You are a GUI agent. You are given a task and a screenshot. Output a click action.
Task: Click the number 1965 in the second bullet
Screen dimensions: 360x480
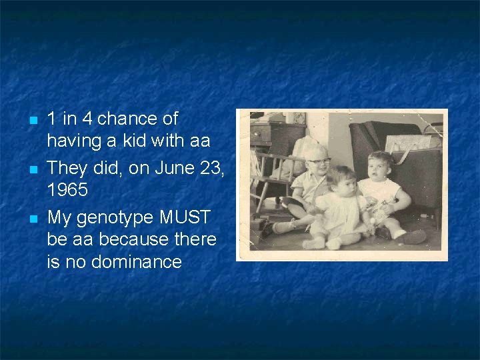[x=67, y=190]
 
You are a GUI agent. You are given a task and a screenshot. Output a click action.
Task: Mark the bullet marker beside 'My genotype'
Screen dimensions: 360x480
[x=31, y=218]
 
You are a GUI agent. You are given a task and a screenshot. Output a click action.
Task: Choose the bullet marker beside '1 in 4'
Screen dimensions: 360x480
[x=31, y=121]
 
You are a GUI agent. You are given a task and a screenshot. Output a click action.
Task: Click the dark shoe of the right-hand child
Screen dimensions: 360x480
[x=413, y=237]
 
